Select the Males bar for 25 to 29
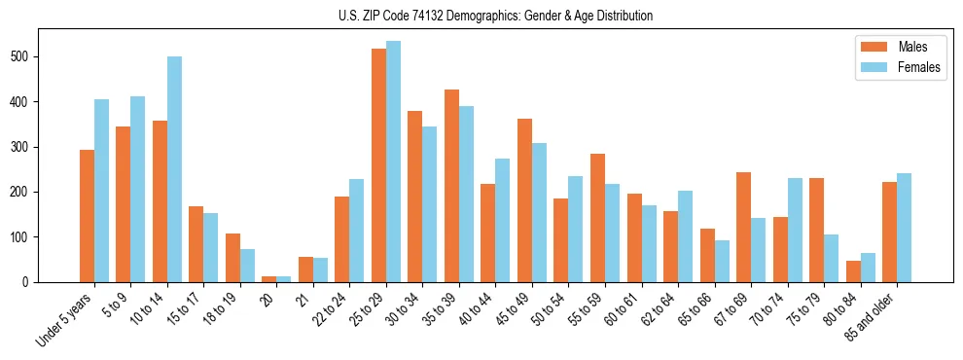click(x=378, y=165)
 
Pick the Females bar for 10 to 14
click(x=174, y=169)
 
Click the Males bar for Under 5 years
click(x=87, y=216)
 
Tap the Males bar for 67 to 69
click(x=743, y=227)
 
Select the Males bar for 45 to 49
click(x=524, y=200)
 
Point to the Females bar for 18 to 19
click(x=247, y=266)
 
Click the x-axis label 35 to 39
click(x=438, y=310)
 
